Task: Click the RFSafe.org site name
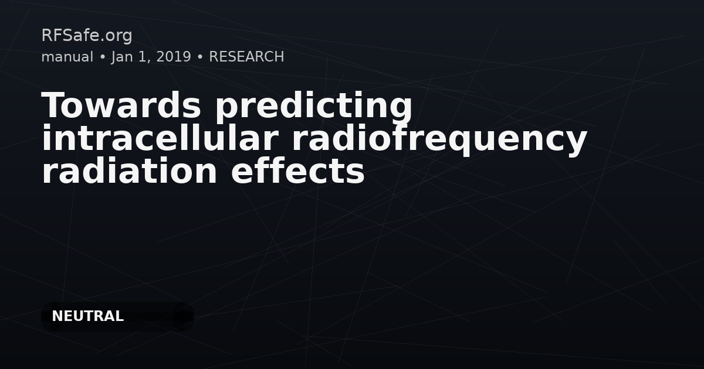pyautogui.click(x=87, y=36)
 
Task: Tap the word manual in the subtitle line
pyautogui.click(x=67, y=57)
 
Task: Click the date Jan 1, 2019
pyautogui.click(x=151, y=57)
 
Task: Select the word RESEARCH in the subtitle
pyautogui.click(x=246, y=57)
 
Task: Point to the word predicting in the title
pyautogui.click(x=313, y=107)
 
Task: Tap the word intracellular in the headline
pyautogui.click(x=160, y=138)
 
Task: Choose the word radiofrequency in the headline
pyautogui.click(x=439, y=140)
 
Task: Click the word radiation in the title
pyautogui.click(x=129, y=171)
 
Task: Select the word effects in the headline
pyautogui.click(x=297, y=171)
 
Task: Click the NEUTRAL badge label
pyautogui.click(x=87, y=316)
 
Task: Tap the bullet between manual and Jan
pyautogui.click(x=103, y=57)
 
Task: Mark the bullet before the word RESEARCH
pyautogui.click(x=200, y=57)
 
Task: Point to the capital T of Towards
pyautogui.click(x=53, y=105)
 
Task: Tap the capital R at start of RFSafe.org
pyautogui.click(x=46, y=35)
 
